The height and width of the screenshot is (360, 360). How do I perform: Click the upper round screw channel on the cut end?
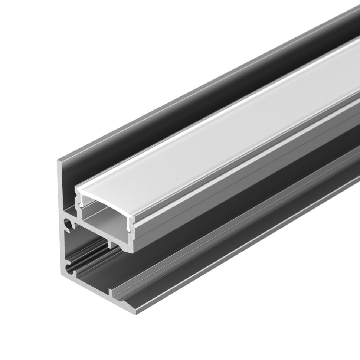point(68,223)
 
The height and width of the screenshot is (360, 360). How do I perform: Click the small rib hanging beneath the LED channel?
point(110,243)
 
